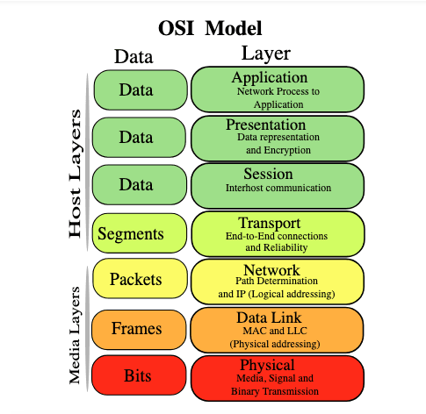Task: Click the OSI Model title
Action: click(x=210, y=28)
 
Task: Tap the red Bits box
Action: click(x=139, y=375)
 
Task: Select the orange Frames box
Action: click(x=139, y=330)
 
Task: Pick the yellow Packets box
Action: click(x=140, y=279)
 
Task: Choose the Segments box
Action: click(x=140, y=233)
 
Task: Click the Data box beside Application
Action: click(x=141, y=89)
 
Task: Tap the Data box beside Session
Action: click(x=140, y=185)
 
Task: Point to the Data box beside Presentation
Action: click(x=139, y=137)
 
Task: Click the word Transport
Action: click(x=269, y=223)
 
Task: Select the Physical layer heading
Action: click(x=267, y=365)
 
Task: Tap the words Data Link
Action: click(x=269, y=318)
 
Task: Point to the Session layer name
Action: click(x=268, y=174)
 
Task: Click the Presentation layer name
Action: click(x=266, y=125)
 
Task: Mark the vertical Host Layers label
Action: click(x=75, y=174)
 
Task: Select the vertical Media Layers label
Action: click(x=75, y=335)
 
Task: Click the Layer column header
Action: click(x=266, y=54)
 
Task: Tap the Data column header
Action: click(x=134, y=56)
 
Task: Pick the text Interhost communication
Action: click(x=278, y=188)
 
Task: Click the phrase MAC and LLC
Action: click(x=275, y=331)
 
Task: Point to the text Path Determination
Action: click(x=277, y=281)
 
